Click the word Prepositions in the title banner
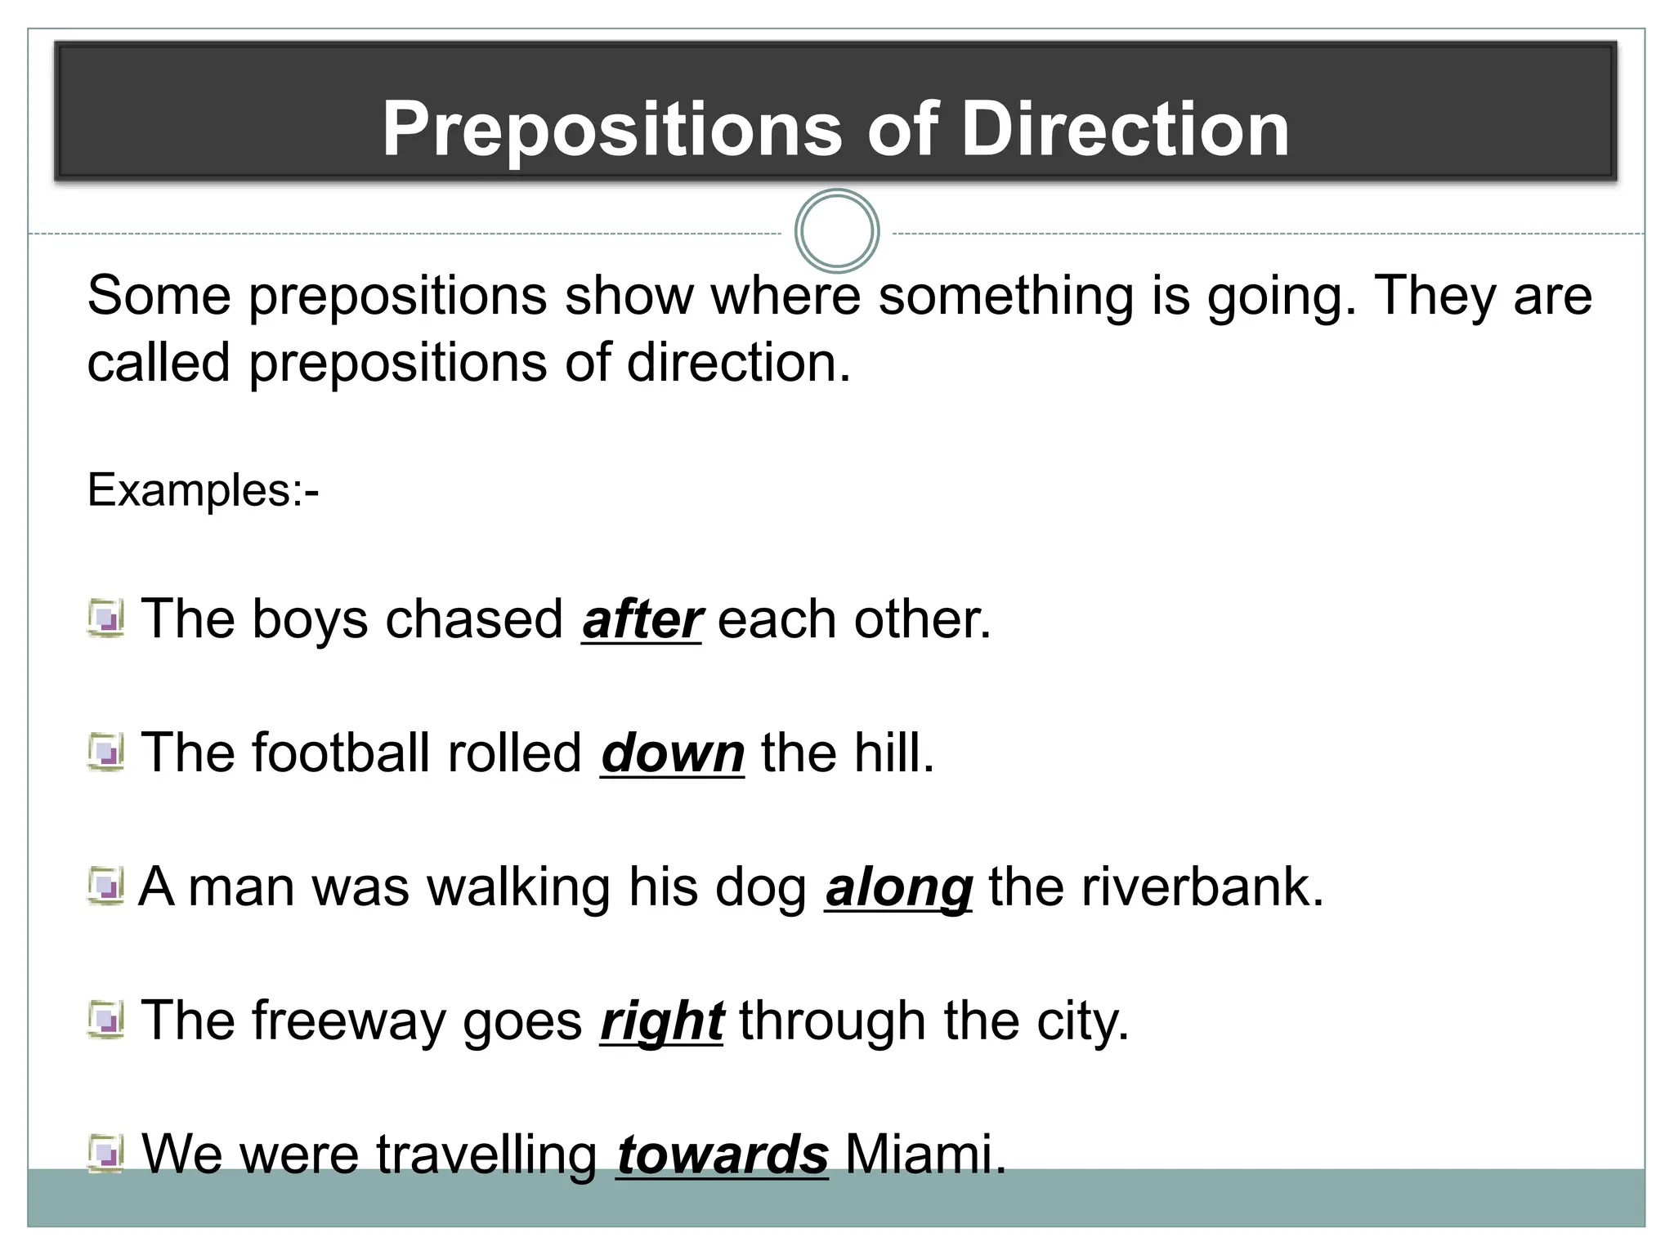611,129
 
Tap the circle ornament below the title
836,231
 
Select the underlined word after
642,619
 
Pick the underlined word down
672,753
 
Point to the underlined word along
898,887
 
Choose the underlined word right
661,1021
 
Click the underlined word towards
723,1155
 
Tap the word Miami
924,1155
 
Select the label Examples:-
203,490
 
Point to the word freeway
347,1021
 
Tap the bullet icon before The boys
105,619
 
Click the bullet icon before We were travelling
105,1154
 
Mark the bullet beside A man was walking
105,887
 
